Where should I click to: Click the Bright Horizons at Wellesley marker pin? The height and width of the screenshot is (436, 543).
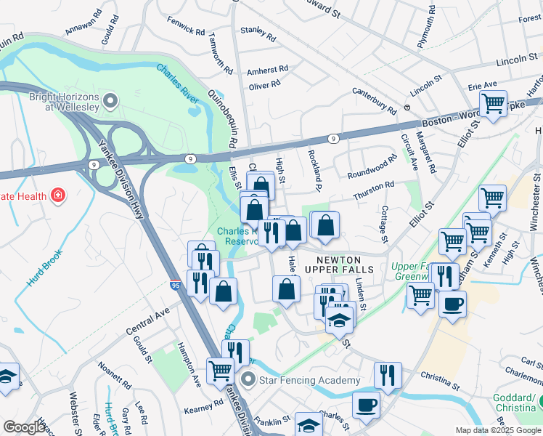click(x=111, y=100)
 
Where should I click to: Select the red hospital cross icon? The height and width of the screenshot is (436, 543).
click(x=57, y=195)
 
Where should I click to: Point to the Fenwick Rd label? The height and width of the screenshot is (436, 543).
click(x=185, y=28)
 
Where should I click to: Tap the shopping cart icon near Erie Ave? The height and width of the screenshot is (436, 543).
click(x=494, y=103)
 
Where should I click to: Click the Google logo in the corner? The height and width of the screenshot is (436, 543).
click(x=24, y=427)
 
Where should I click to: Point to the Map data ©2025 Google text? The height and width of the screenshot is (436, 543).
click(x=497, y=430)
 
